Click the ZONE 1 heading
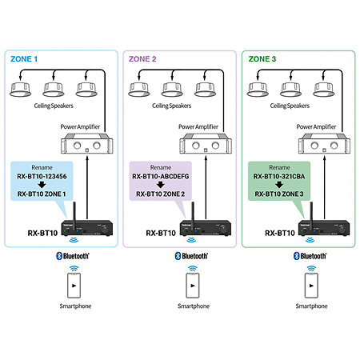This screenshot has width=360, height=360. (x=24, y=59)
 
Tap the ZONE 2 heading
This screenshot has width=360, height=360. (x=142, y=59)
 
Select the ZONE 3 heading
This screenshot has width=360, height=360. (x=262, y=59)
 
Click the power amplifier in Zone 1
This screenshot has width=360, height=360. (x=87, y=143)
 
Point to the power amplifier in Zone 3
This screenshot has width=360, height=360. (x=324, y=143)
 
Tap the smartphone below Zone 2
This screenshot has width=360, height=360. (x=193, y=286)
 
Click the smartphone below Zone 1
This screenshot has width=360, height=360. (x=74, y=286)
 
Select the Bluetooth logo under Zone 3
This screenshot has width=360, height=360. (x=310, y=256)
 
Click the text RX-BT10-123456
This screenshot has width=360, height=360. (x=42, y=176)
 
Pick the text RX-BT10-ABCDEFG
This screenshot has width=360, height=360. (x=161, y=176)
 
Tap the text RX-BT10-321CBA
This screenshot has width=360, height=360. (x=279, y=176)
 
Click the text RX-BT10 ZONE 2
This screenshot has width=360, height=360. (x=161, y=194)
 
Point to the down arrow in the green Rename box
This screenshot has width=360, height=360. (x=279, y=185)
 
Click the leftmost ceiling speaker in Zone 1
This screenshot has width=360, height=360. (x=20, y=90)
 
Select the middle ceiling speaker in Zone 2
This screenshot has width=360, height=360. (x=172, y=90)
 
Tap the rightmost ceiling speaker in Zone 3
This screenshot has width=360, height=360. (x=324, y=90)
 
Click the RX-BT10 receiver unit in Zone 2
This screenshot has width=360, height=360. (x=206, y=228)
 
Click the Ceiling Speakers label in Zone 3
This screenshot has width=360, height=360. (x=290, y=106)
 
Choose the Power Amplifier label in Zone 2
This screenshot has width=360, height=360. (x=198, y=126)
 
